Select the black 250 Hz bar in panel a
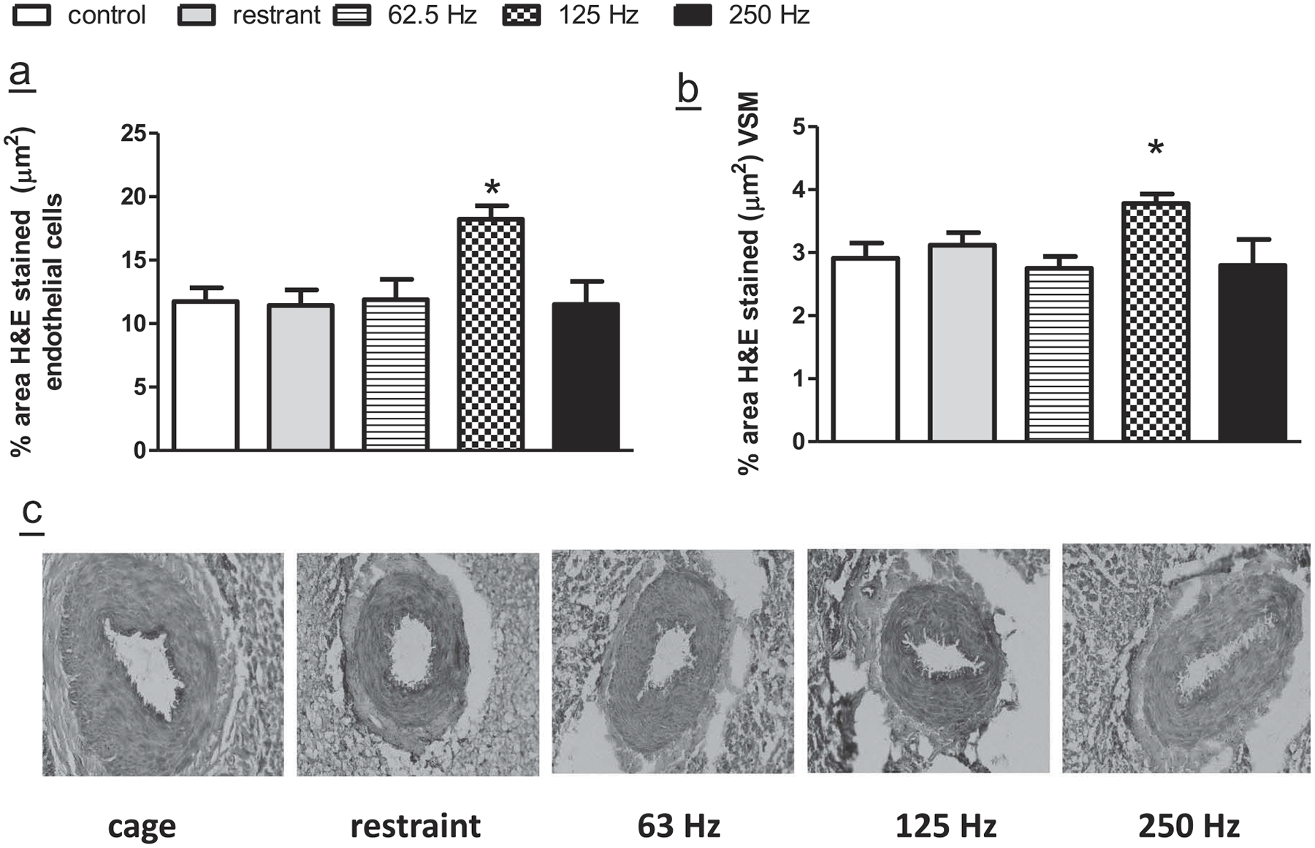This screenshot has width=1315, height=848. point(586,376)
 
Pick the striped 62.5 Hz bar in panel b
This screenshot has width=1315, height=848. point(1059,354)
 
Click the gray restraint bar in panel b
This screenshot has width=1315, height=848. point(962,343)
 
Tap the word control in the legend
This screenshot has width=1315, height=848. point(107,15)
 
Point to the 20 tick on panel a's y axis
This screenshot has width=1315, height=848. point(134,197)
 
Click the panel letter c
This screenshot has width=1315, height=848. point(32,512)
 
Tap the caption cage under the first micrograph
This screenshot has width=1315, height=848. point(142,827)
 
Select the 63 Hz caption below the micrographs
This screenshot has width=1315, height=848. point(679,826)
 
